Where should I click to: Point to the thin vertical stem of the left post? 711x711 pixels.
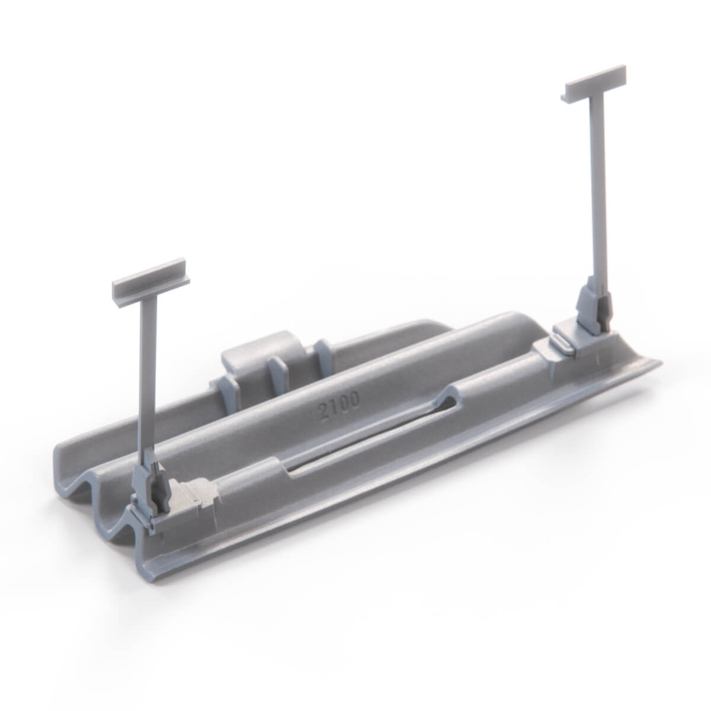point(148,373)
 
